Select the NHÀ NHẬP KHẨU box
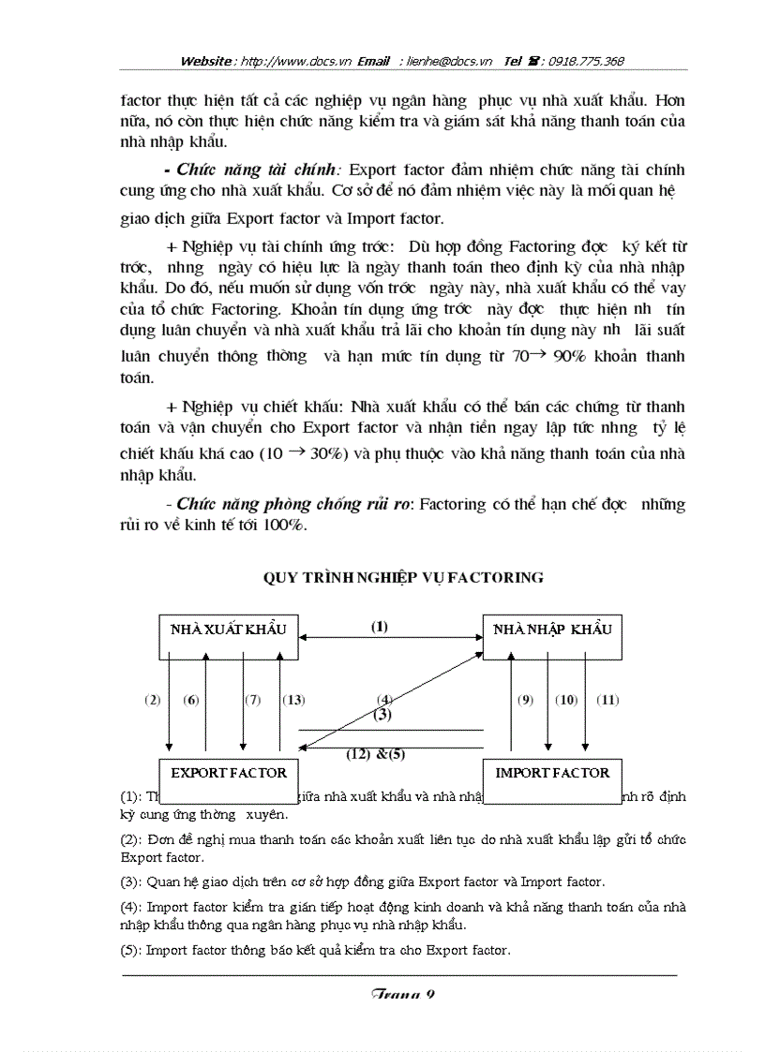(552, 629)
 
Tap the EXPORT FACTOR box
(228, 773)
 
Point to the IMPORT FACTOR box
(552, 773)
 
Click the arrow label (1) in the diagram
(378, 628)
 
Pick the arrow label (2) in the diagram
(153, 700)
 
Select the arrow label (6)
(191, 700)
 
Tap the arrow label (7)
(252, 700)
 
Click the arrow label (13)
(293, 700)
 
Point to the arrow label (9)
(525, 700)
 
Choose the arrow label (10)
(565, 700)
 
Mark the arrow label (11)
(608, 700)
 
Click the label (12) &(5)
(375, 753)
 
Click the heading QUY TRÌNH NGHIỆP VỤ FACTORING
(403, 577)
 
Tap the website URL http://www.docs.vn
(295, 61)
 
